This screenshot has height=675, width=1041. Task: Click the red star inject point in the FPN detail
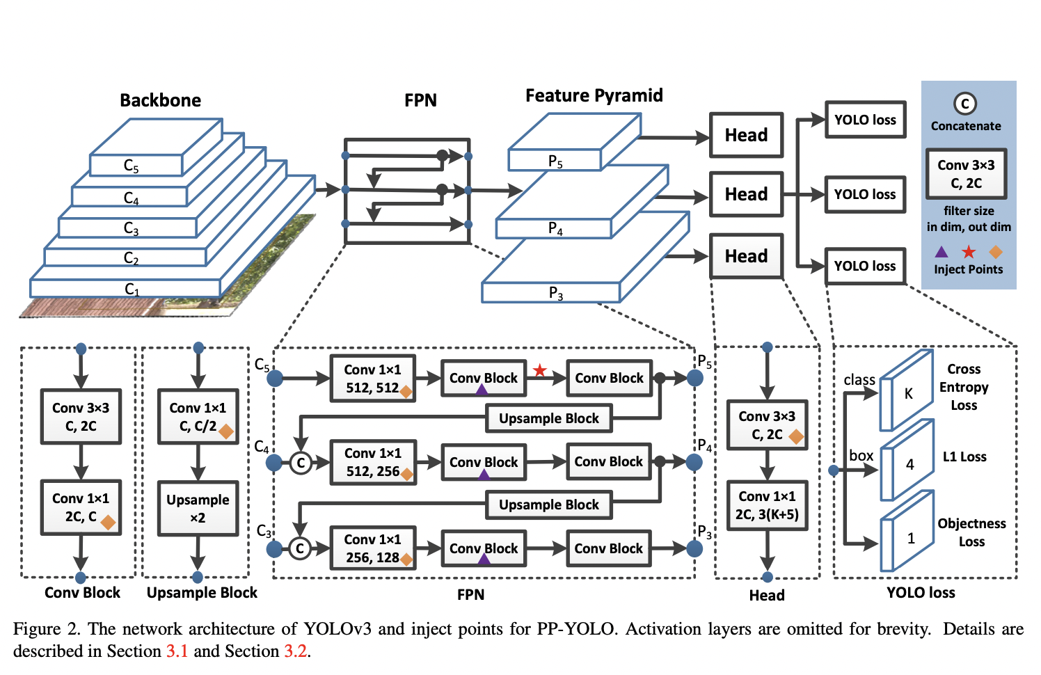(x=540, y=370)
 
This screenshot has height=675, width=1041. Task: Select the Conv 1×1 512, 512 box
(x=372, y=379)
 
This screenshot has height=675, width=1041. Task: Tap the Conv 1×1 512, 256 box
(x=372, y=462)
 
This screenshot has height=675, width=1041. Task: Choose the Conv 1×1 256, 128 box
(x=372, y=548)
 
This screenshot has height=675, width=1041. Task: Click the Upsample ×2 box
(x=198, y=509)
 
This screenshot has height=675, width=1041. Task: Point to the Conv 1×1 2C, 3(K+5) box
(x=767, y=505)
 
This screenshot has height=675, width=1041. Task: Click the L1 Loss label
(x=964, y=456)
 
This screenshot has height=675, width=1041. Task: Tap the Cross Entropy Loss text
(x=964, y=387)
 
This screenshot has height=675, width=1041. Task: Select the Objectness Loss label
(x=971, y=532)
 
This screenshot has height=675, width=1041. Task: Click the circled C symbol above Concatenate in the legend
(x=965, y=104)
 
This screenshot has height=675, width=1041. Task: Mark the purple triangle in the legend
(x=941, y=251)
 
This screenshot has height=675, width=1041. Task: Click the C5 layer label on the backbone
(x=132, y=166)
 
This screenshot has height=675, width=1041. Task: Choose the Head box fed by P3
(x=746, y=256)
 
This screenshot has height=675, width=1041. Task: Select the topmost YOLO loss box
(x=865, y=120)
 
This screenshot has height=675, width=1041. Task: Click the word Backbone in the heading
(x=160, y=100)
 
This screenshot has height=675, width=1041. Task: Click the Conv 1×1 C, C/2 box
(x=198, y=417)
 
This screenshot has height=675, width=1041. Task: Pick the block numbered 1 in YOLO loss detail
(x=910, y=539)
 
